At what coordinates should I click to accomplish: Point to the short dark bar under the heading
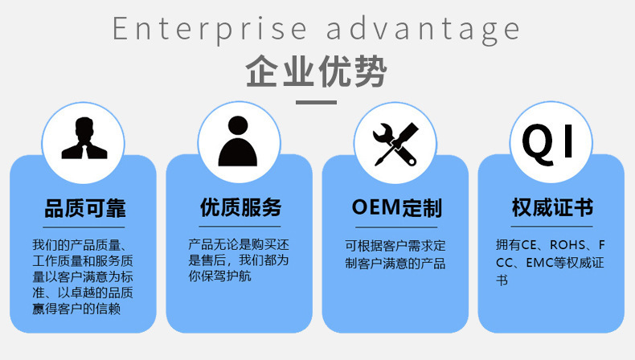pyautogui.click(x=317, y=102)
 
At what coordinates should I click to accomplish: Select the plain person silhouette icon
pyautogui.click(x=239, y=141)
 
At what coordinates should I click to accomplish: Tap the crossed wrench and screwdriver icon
pyautogui.click(x=395, y=141)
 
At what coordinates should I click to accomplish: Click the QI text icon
pyautogui.click(x=551, y=141)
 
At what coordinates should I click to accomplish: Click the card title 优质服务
pyautogui.click(x=240, y=208)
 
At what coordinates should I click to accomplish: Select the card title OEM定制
pyautogui.click(x=396, y=208)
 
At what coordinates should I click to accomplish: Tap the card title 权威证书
pyautogui.click(x=552, y=208)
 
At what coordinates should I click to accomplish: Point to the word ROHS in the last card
pyautogui.click(x=570, y=245)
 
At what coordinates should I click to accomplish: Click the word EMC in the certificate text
pyautogui.click(x=536, y=263)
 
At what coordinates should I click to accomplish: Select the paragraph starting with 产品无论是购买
pyautogui.click(x=239, y=260)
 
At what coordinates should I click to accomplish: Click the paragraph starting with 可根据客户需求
pyautogui.click(x=395, y=254)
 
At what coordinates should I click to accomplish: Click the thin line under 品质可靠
pyautogui.click(x=84, y=227)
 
